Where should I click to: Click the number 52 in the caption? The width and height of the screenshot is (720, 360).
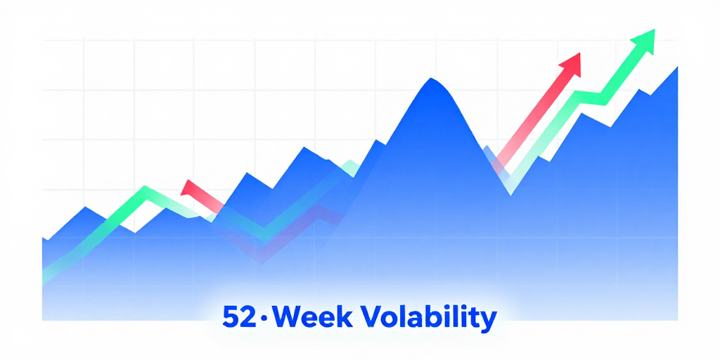click(239, 317)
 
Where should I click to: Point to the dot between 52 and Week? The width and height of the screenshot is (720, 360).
click(264, 318)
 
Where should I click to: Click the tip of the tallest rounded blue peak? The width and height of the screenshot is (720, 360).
click(431, 78)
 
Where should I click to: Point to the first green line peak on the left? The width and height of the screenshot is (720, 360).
click(145, 188)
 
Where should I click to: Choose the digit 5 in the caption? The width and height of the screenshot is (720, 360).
click(231, 317)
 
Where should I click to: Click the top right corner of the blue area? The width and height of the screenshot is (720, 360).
click(677, 67)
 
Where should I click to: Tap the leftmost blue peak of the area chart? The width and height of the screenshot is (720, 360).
click(85, 207)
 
